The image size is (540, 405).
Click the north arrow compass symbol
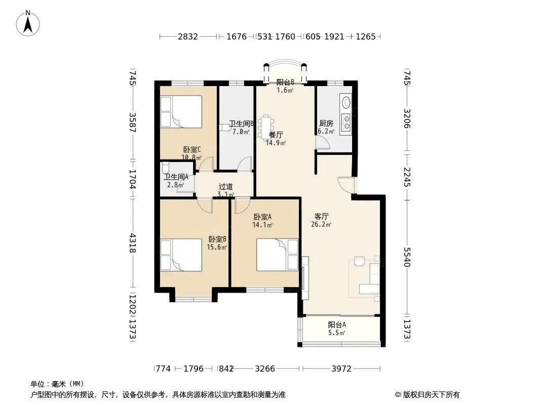[28, 23]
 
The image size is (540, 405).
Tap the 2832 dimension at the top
[188, 36]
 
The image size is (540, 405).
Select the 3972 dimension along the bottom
[341, 369]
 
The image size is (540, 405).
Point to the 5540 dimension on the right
[407, 257]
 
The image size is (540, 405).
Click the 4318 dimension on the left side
[133, 243]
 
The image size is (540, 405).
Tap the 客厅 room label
[321, 217]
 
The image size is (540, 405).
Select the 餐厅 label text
[276, 135]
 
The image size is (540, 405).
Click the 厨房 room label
[326, 123]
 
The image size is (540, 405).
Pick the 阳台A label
[337, 325]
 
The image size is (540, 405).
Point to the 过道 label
[225, 186]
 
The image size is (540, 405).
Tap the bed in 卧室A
[277, 255]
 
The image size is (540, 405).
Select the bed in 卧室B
[181, 255]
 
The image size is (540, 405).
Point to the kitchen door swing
[323, 143]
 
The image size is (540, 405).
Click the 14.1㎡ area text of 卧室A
[262, 225]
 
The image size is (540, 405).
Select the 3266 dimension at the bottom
[265, 369]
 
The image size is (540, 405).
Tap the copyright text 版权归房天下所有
[431, 395]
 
